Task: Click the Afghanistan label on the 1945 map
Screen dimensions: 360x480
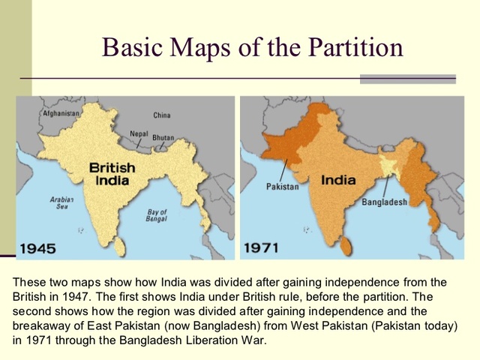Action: pyautogui.click(x=61, y=113)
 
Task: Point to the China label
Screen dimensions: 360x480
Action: pyautogui.click(x=161, y=115)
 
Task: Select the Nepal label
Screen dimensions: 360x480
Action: pyautogui.click(x=139, y=133)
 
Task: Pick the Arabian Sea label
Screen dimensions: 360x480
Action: pyautogui.click(x=60, y=204)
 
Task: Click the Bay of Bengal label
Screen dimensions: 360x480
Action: pyautogui.click(x=156, y=216)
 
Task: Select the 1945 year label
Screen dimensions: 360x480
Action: pyautogui.click(x=43, y=247)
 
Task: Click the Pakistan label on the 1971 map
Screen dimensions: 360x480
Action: pyautogui.click(x=282, y=186)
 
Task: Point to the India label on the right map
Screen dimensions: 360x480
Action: pyautogui.click(x=338, y=181)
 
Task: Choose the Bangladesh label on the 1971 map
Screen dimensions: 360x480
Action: pyautogui.click(x=384, y=202)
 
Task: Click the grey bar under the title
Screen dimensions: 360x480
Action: pyautogui.click(x=407, y=78)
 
